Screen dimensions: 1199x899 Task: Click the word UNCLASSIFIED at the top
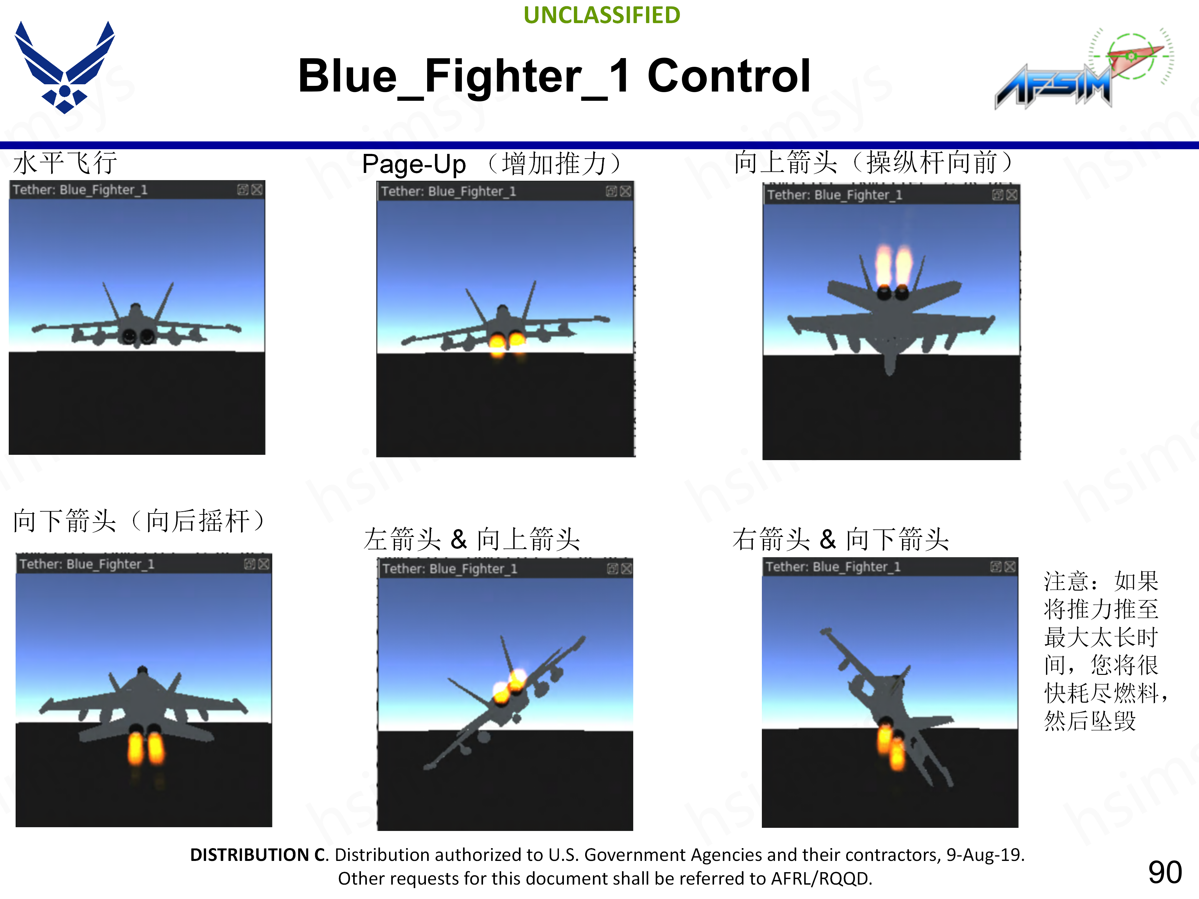[602, 15]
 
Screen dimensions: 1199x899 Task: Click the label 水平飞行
[65, 163]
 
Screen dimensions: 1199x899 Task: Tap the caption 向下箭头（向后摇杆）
[140, 521]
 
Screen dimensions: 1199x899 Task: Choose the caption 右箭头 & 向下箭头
[841, 539]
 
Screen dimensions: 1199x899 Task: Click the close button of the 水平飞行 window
[257, 190]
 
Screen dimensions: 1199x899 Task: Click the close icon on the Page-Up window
[625, 191]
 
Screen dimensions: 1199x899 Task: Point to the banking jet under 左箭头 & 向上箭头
[504, 702]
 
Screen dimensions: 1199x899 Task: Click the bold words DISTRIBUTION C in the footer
[259, 855]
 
